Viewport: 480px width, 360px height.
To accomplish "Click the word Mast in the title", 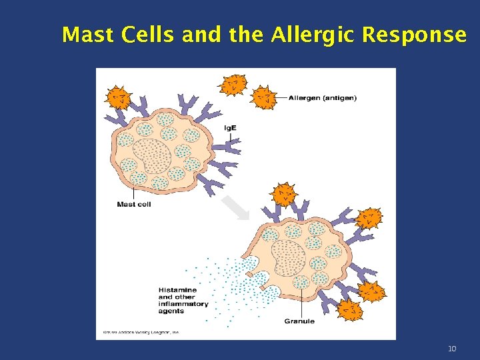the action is (85, 35).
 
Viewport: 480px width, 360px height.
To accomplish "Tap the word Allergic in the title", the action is (313, 35).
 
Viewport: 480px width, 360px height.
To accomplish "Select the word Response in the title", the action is (414, 35).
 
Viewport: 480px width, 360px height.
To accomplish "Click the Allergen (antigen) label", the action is (322, 97).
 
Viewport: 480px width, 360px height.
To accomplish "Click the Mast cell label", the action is (133, 204).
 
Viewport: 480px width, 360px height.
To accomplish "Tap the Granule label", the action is (299, 321).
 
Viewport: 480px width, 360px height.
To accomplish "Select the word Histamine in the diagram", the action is (177, 290).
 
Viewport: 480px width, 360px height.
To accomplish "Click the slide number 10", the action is (451, 349).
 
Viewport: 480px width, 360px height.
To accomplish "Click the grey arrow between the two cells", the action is (235, 207).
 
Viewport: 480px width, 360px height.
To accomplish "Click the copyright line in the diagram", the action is (141, 332).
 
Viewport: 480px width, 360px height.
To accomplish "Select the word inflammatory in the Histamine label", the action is (183, 304).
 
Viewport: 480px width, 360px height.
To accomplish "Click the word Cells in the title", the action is (143, 35).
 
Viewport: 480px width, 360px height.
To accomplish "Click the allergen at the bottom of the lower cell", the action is (350, 309).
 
